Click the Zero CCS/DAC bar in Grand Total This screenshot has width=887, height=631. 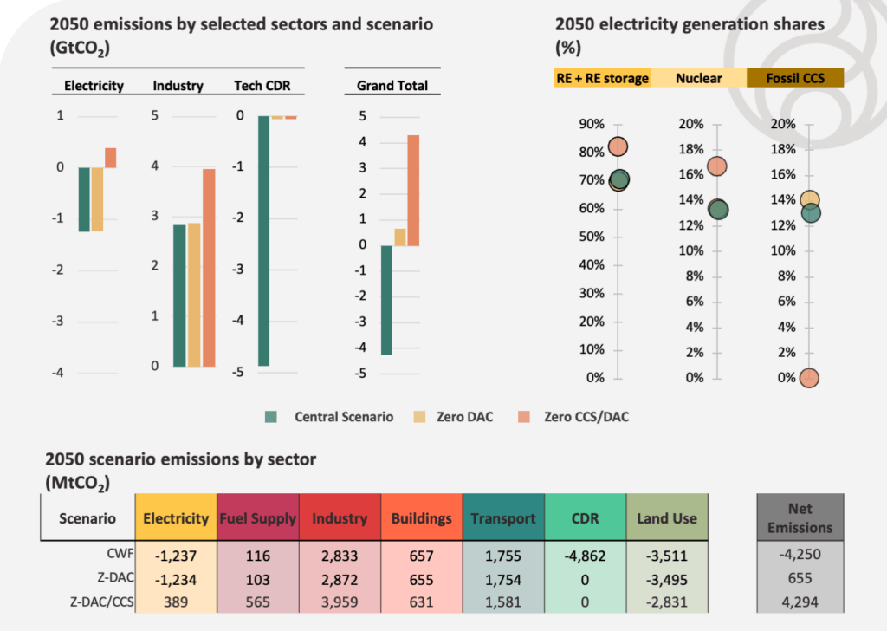[x=413, y=191]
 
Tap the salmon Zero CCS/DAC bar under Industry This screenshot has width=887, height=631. [x=209, y=268]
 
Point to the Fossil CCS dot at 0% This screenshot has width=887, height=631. [x=808, y=378]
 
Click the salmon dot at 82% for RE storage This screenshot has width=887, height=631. [x=618, y=146]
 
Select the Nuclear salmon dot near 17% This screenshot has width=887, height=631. [x=717, y=166]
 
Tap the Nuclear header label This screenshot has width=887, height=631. [x=698, y=79]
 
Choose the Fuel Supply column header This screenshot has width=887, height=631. [x=257, y=518]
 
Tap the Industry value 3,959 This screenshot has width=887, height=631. [x=340, y=605]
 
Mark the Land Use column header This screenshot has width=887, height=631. [x=666, y=518]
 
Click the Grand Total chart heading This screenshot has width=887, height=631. [x=392, y=86]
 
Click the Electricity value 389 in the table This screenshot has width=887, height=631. [x=176, y=605]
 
